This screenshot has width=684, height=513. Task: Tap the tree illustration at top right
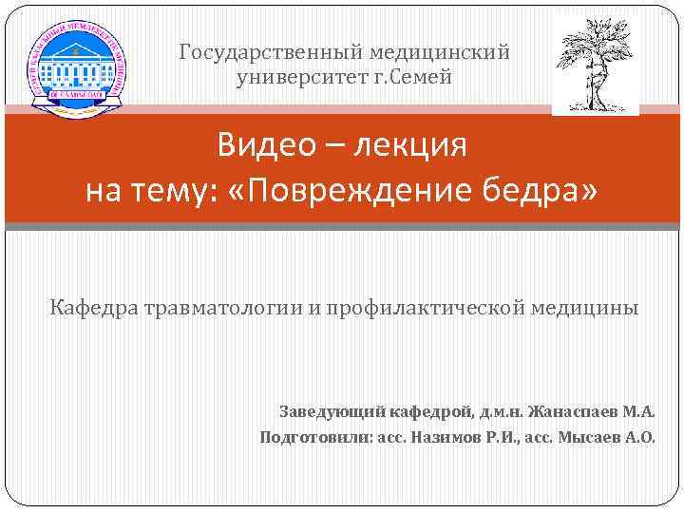(x=596, y=62)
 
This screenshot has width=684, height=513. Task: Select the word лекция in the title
(x=411, y=147)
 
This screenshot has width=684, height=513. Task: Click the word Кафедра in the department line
(x=90, y=310)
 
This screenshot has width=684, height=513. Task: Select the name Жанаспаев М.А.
(x=590, y=413)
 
